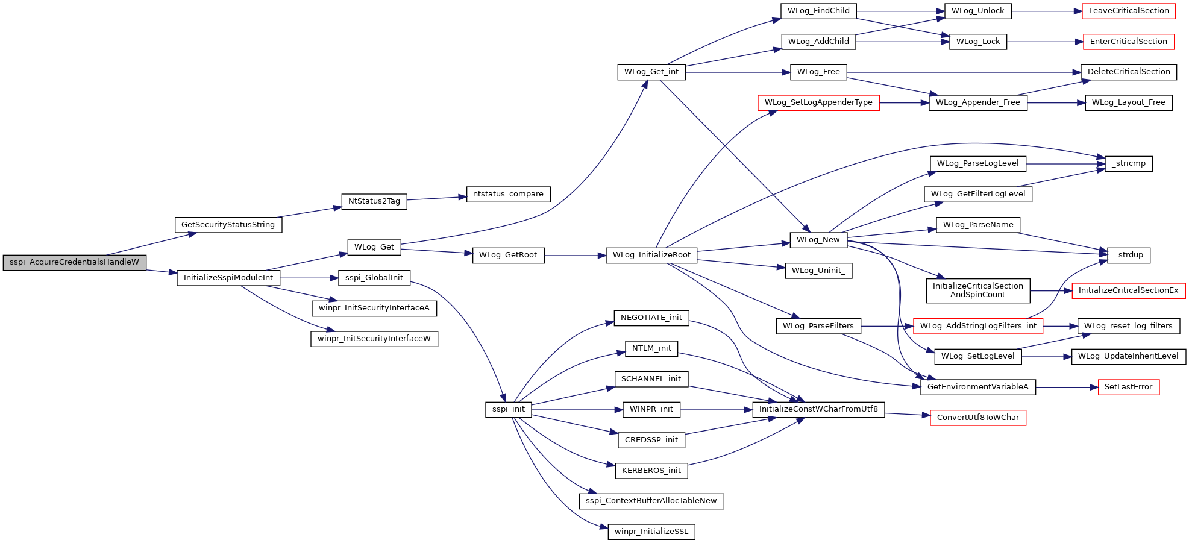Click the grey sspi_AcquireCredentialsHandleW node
point(75,263)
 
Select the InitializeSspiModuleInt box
point(228,278)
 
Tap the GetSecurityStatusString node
point(228,225)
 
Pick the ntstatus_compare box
point(508,194)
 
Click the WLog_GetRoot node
point(508,255)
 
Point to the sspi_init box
point(509,409)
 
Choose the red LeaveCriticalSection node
point(1129,11)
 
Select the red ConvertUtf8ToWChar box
point(978,418)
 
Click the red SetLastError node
point(1128,387)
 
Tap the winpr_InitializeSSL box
point(651,532)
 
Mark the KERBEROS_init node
point(651,471)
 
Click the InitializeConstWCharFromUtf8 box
point(818,409)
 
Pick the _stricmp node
point(1129,163)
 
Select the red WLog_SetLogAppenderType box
point(818,102)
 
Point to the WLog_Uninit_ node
point(818,271)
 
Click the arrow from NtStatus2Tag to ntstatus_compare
point(437,198)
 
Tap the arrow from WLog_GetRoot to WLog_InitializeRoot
point(575,256)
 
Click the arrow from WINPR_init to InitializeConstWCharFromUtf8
point(717,410)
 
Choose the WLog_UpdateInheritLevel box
point(1129,356)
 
